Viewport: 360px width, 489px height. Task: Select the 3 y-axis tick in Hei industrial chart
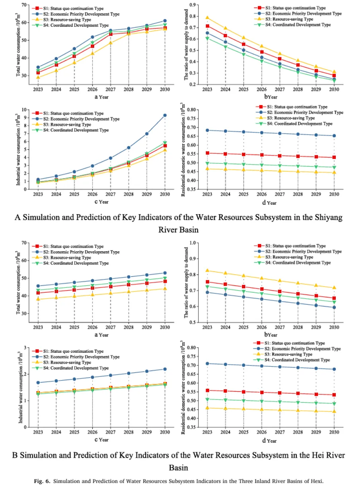[26, 348]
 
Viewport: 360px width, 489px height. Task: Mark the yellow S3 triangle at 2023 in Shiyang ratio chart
[207, 18]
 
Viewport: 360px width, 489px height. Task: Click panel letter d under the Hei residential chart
[264, 440]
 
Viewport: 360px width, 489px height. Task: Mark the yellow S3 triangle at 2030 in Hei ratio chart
[334, 287]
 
